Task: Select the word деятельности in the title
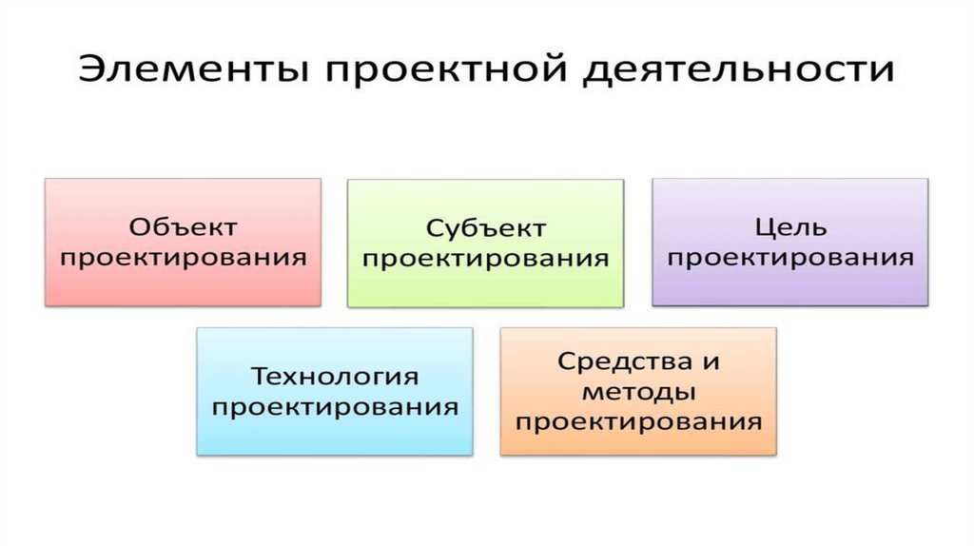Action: coord(732,72)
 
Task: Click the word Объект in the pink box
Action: coord(183,227)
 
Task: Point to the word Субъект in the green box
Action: coord(486,228)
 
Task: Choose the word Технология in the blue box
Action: coord(335,376)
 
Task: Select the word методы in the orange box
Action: coord(638,391)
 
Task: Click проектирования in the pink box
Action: coord(183,257)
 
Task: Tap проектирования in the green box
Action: coord(486,258)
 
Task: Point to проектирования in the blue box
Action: coord(335,406)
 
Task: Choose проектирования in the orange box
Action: coord(638,421)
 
